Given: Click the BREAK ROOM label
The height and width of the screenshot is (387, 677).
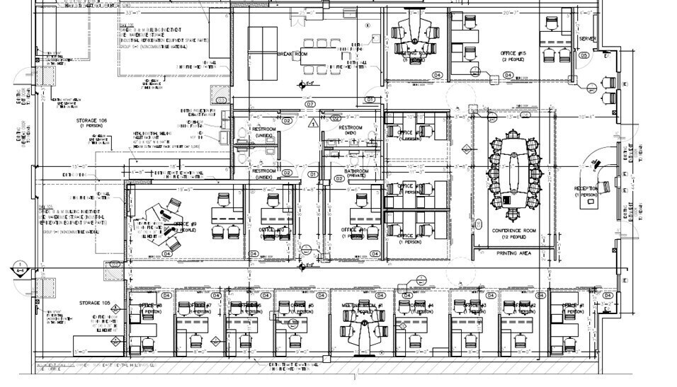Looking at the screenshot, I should click(x=292, y=54).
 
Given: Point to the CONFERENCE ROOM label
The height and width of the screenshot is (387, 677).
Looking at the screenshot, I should click(x=515, y=231).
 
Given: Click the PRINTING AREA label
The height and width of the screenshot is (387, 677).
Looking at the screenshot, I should click(x=515, y=253).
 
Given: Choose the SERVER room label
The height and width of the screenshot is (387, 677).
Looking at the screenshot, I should click(x=587, y=38).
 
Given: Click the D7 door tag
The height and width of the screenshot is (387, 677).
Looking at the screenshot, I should click(x=310, y=104).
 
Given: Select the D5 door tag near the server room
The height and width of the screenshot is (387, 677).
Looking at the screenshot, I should click(x=584, y=54).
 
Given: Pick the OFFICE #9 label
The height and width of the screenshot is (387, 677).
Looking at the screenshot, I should click(x=186, y=226).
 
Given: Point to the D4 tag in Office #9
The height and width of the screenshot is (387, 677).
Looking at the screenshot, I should click(x=167, y=253).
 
